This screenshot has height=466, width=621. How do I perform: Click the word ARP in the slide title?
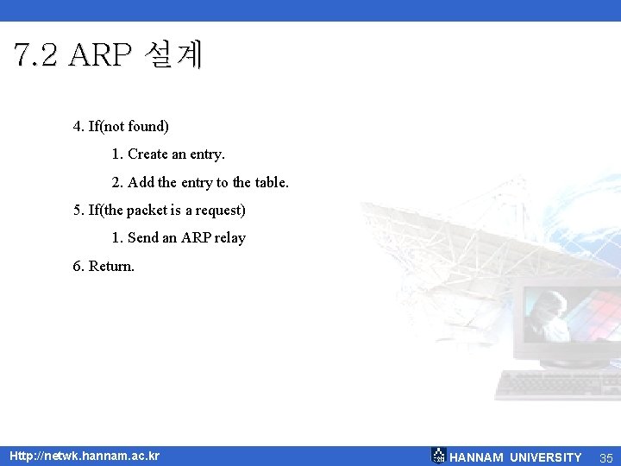pyautogui.click(x=101, y=55)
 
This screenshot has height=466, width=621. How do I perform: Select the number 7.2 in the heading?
pyautogui.click(x=36, y=55)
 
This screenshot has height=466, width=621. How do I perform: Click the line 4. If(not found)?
pyautogui.click(x=121, y=127)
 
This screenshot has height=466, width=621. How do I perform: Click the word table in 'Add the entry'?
pyautogui.click(x=270, y=183)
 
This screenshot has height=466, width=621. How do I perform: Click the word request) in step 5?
pyautogui.click(x=220, y=211)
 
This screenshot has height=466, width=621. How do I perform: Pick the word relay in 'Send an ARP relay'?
pyautogui.click(x=229, y=238)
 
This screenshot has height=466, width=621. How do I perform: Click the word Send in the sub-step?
pyautogui.click(x=143, y=238)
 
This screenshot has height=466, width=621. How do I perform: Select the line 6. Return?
pyautogui.click(x=103, y=267)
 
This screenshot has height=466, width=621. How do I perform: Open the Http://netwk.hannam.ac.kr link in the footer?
pyautogui.click(x=84, y=456)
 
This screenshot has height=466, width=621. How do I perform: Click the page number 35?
pyautogui.click(x=605, y=457)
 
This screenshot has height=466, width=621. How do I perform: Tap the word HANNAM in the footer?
pyautogui.click(x=477, y=457)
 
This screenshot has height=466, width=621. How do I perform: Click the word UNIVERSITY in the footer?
pyautogui.click(x=546, y=457)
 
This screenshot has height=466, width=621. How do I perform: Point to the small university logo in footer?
pyautogui.click(x=438, y=456)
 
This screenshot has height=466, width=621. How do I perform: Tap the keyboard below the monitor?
pyautogui.click(x=556, y=384)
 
